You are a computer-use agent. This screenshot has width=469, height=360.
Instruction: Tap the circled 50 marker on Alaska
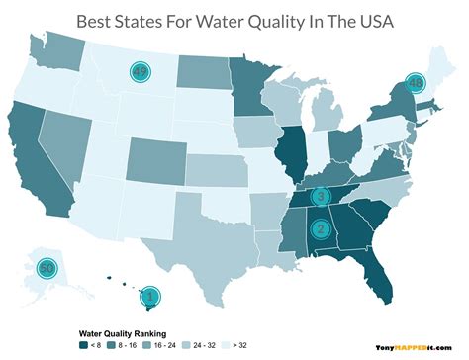pyautogui.click(x=46, y=267)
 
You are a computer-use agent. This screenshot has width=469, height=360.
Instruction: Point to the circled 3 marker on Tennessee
pyautogui.click(x=321, y=198)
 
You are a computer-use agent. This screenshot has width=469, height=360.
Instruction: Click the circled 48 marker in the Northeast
pyautogui.click(x=415, y=82)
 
